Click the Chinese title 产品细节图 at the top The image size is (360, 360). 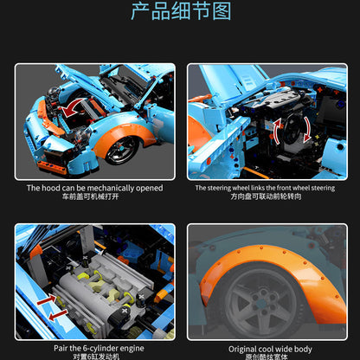[180, 11]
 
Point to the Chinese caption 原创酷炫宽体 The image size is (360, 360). [265, 358]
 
